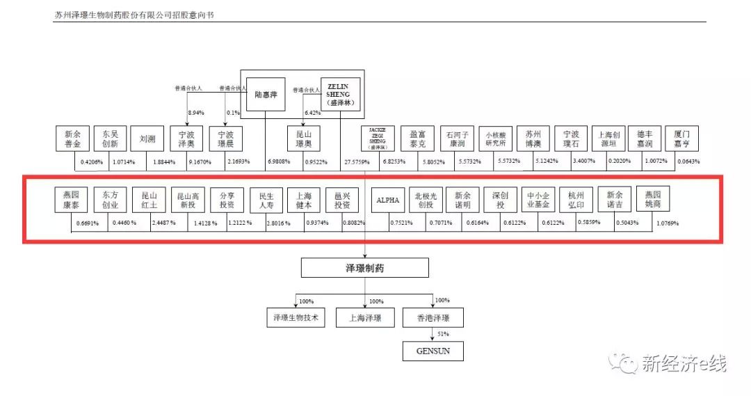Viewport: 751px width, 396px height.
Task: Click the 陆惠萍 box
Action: pyautogui.click(x=266, y=94)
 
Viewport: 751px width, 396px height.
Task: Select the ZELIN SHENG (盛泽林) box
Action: pyautogui.click(x=340, y=94)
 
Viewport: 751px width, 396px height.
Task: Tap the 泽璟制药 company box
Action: pyautogui.click(x=365, y=267)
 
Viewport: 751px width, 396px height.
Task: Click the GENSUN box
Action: pyautogui.click(x=433, y=351)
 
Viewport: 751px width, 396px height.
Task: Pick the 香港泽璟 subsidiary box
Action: pyautogui.click(x=433, y=318)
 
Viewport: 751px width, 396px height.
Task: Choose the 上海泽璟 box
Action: pyautogui.click(x=365, y=318)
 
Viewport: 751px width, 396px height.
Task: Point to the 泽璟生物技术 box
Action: pyautogui.click(x=296, y=318)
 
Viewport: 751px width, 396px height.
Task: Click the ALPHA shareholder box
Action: pyautogui.click(x=388, y=200)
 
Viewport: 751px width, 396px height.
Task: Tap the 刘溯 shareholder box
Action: pyautogui.click(x=147, y=138)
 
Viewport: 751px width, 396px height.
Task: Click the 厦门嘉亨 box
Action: pyautogui.click(x=681, y=138)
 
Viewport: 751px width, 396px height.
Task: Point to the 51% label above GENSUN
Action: pyautogui.click(x=443, y=335)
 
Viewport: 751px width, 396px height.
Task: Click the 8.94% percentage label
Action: pyautogui.click(x=197, y=113)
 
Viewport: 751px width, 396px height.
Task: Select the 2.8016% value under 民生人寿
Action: pyautogui.click(x=278, y=223)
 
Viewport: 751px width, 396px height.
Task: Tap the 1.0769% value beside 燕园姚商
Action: pyautogui.click(x=667, y=223)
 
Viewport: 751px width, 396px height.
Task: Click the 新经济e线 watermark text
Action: pyautogui.click(x=684, y=363)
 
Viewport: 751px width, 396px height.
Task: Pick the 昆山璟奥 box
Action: pyautogui.click(x=304, y=138)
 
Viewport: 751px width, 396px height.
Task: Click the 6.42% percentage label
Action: pyautogui.click(x=312, y=113)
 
